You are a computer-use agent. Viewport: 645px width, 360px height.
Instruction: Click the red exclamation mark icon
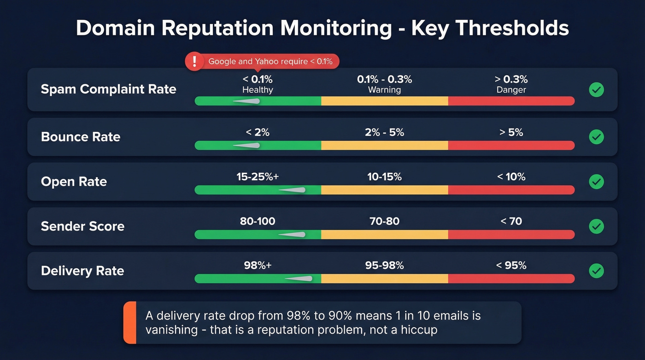point(194,61)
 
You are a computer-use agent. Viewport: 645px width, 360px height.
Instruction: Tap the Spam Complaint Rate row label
point(108,89)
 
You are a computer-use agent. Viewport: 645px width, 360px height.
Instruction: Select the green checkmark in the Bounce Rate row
point(596,137)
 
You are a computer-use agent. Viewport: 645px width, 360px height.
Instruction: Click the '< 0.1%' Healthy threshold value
point(258,79)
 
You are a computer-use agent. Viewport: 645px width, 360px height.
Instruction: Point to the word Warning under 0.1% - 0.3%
point(384,90)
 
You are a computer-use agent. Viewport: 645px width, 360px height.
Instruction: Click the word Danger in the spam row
point(511,90)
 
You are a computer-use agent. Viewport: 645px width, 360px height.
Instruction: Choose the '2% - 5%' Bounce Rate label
point(384,132)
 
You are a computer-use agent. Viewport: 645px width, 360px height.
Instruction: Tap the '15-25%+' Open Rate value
point(258,177)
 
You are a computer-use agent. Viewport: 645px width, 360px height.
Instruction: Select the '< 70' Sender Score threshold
point(511,221)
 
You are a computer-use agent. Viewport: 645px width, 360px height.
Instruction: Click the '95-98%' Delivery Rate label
point(384,266)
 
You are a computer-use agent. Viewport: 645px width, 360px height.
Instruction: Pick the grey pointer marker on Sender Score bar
point(293,235)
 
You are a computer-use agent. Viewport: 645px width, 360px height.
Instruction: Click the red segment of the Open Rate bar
point(511,190)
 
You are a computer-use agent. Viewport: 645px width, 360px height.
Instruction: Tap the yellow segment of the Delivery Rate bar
point(384,279)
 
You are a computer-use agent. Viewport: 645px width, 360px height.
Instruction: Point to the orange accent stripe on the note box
point(130,323)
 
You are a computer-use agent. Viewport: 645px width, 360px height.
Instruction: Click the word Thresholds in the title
point(490,29)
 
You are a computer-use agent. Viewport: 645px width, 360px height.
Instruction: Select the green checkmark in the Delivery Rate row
point(596,271)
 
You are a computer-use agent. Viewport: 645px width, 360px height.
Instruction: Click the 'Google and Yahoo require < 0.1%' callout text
point(270,61)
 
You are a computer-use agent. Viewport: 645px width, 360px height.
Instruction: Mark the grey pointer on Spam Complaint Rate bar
point(248,101)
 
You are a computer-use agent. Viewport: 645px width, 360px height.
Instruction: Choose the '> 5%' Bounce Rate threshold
point(511,132)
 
